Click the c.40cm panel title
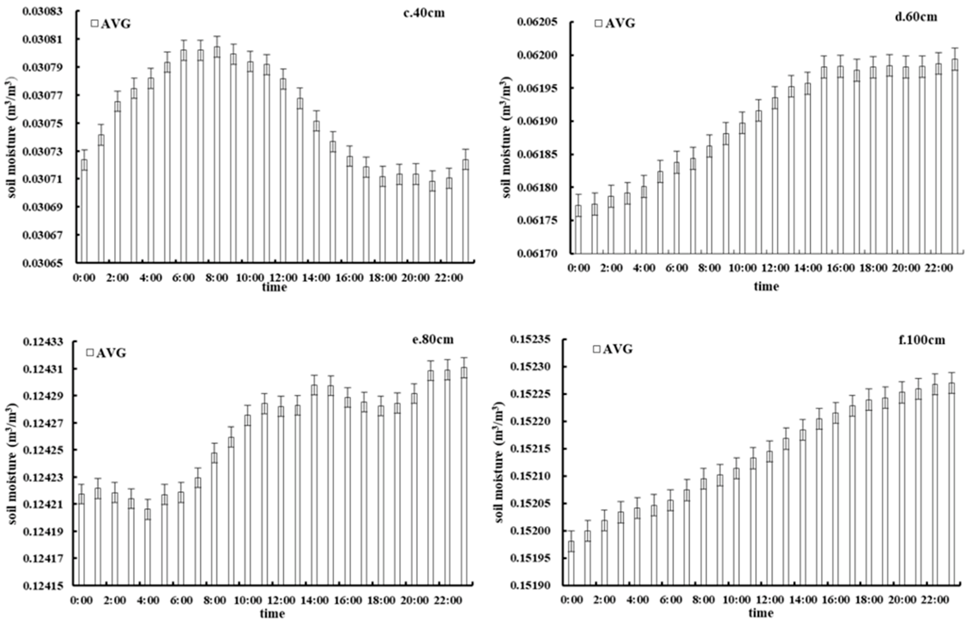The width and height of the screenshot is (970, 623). [x=424, y=13]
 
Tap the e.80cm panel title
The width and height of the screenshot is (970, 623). [x=433, y=339]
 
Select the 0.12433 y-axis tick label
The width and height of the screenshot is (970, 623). [x=43, y=342]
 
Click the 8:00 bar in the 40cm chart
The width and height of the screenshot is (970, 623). [x=217, y=154]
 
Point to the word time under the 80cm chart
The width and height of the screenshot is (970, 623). [x=272, y=614]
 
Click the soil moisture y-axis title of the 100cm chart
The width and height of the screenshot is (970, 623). [x=499, y=462]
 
